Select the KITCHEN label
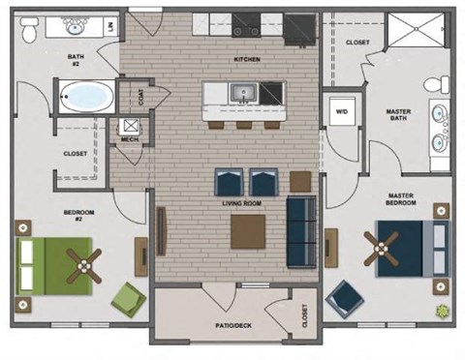pyautogui.click(x=248, y=60)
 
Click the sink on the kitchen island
pyautogui.click(x=242, y=94)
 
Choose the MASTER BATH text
pyautogui.click(x=397, y=115)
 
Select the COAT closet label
pyautogui.click(x=142, y=98)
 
